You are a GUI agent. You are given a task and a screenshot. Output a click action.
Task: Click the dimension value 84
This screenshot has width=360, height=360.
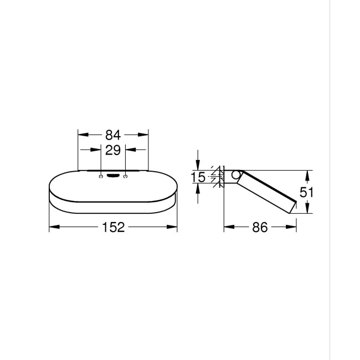pos(113,135)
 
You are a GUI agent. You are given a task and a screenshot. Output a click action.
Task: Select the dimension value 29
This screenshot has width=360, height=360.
pos(113,150)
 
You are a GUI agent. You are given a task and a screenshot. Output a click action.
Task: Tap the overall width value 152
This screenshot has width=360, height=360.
pos(113,227)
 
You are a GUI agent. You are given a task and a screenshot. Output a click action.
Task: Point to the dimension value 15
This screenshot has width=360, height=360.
pos(198,177)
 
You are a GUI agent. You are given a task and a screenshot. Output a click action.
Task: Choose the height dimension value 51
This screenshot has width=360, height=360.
pos(306,192)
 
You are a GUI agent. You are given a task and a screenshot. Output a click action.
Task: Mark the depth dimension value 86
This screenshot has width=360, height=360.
pos(260,227)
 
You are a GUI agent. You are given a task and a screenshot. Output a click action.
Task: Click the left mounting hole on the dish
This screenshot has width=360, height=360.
pos(100,176)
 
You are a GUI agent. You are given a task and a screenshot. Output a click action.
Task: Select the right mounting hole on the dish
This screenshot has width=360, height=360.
pos(126,176)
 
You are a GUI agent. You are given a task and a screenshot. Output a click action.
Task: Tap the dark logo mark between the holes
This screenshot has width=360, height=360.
pos(113,176)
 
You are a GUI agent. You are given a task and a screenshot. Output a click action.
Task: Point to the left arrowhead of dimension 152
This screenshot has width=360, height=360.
pos(53,227)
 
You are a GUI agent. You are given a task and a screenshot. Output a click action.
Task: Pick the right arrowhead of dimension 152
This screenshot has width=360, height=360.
pos(174,227)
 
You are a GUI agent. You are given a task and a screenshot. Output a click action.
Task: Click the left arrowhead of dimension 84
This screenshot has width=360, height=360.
pos(81,135)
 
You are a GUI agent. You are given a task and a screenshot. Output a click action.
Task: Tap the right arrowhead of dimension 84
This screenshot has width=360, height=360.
pos(146,135)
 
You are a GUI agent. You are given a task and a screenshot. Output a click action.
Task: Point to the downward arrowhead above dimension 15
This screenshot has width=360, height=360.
pos(198,166)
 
